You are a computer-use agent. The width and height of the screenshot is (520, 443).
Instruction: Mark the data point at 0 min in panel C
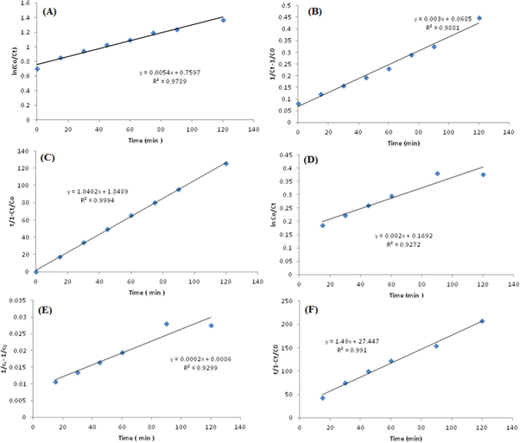[36, 271]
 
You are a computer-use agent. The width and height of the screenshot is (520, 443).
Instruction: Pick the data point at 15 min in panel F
[322, 397]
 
